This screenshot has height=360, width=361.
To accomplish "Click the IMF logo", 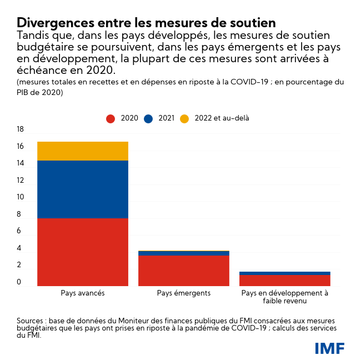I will click(x=329, y=348).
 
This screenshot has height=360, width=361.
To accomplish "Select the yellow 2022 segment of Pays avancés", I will click(x=83, y=151).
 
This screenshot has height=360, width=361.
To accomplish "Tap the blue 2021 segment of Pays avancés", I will click(x=83, y=189).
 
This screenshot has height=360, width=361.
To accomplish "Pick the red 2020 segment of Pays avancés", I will click(x=83, y=252).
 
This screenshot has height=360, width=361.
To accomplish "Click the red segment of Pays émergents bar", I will click(x=184, y=271).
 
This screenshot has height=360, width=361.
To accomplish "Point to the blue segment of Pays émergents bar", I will click(x=184, y=253).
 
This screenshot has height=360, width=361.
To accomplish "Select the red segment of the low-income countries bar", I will click(x=285, y=281).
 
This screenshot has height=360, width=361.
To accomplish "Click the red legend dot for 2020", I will click(x=111, y=118).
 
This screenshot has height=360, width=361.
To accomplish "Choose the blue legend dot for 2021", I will click(x=148, y=118).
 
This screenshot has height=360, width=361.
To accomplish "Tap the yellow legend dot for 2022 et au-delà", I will click(x=185, y=118).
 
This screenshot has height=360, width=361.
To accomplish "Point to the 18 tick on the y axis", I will click(x=20, y=129).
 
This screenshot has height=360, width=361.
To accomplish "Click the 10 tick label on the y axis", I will click(x=20, y=197).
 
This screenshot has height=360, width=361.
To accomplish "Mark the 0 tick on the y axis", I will click(x=19, y=282).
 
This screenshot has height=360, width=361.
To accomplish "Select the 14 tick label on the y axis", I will click(x=20, y=163).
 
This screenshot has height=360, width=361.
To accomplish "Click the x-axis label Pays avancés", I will click(x=82, y=293).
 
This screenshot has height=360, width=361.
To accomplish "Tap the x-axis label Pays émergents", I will click(x=184, y=293).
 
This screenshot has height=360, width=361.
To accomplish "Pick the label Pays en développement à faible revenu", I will click(x=285, y=297).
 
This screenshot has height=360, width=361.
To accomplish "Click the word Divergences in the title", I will click(x=51, y=23).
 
